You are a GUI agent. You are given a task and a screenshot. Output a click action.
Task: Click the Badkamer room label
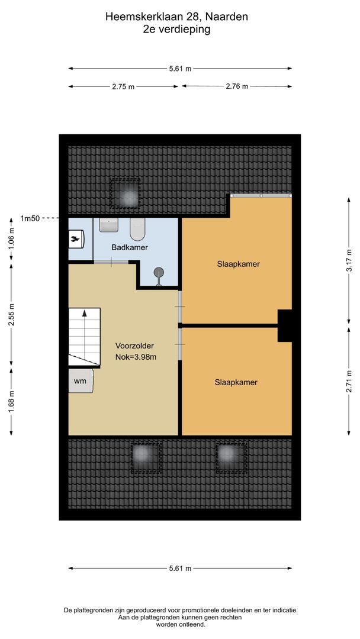click(129, 247)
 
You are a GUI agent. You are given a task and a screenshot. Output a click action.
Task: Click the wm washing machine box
click(81, 381)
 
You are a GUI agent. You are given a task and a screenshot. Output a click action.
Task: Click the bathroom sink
click(109, 225)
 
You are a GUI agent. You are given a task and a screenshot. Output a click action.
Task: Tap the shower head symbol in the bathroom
click(159, 273)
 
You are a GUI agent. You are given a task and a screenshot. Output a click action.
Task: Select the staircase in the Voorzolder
click(83, 337)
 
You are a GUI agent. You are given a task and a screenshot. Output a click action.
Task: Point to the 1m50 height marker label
click(30, 218)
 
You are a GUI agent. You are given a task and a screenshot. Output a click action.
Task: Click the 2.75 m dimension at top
click(123, 86)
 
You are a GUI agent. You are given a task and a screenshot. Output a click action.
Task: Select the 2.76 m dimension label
click(237, 86)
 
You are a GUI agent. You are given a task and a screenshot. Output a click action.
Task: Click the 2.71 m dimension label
click(349, 381)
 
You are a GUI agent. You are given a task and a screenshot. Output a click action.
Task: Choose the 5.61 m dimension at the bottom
click(180, 568)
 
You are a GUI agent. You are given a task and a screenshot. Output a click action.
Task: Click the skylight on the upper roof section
click(124, 193)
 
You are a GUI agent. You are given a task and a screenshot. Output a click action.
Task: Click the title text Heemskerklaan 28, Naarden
click(176, 17)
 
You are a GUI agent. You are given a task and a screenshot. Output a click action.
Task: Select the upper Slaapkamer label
click(238, 264)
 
